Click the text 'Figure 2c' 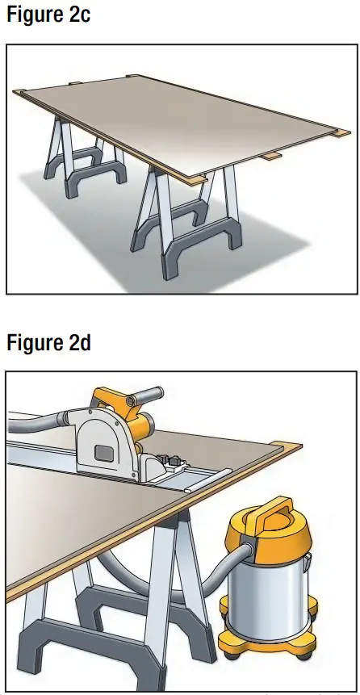(x=48, y=15)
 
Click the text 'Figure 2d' (x=48, y=342)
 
